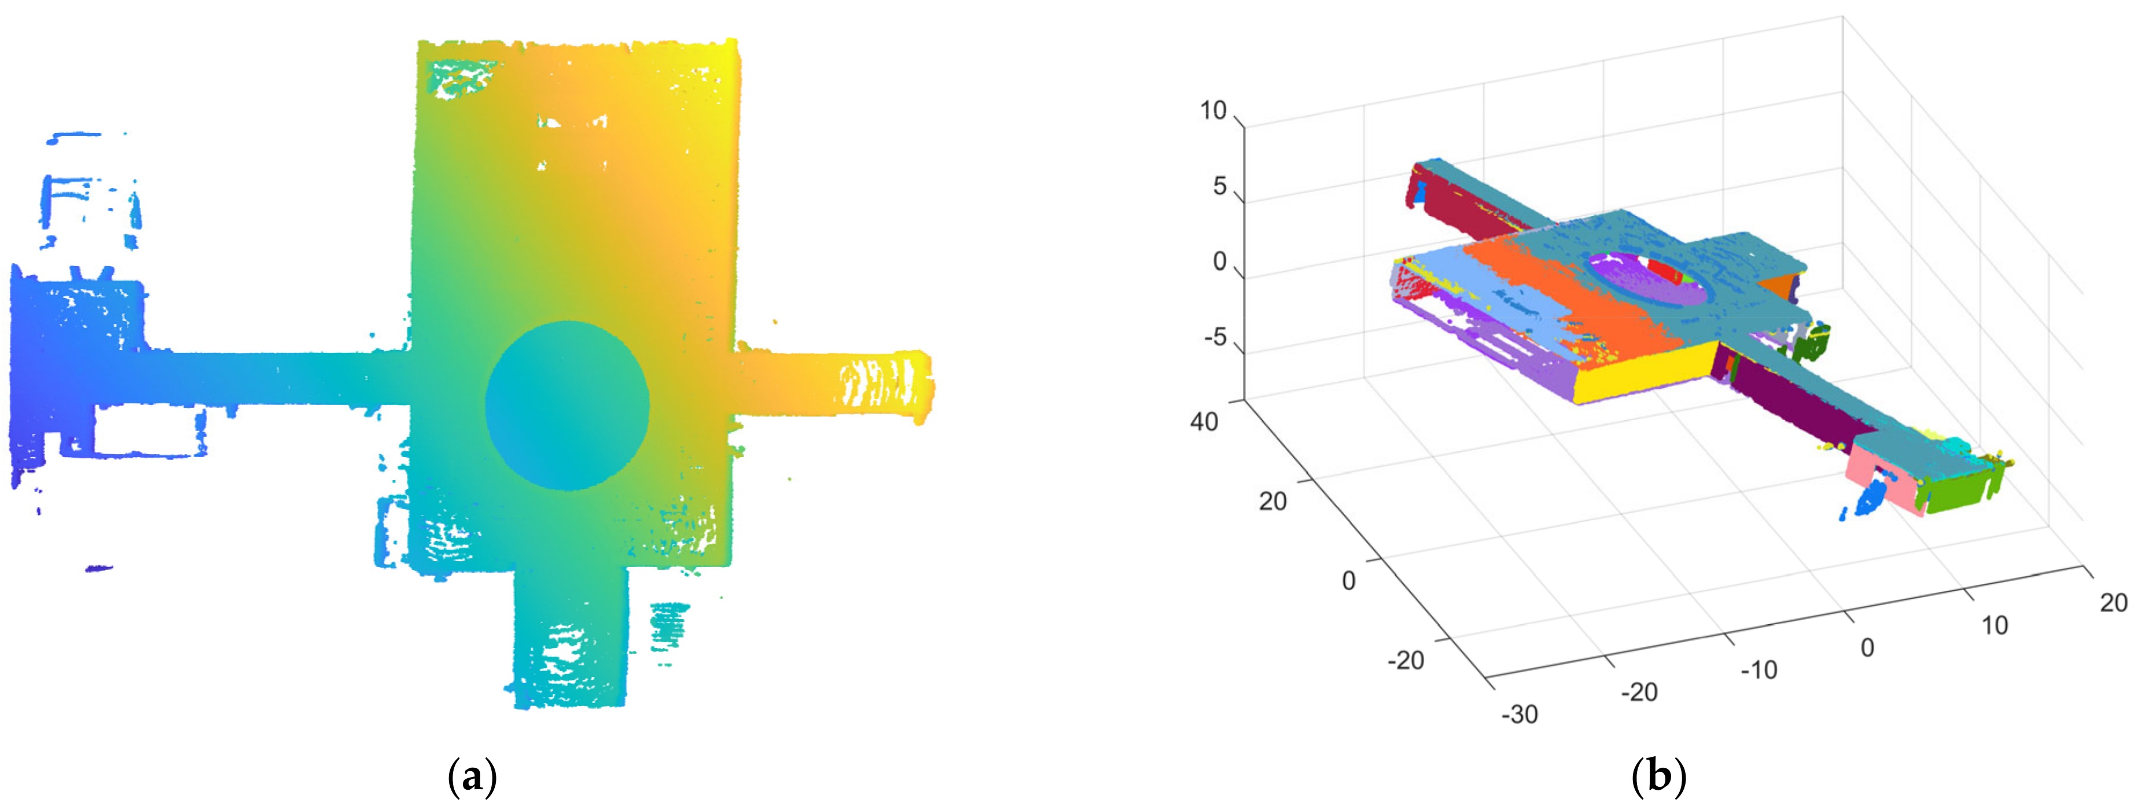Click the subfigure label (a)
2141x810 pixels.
click(472, 778)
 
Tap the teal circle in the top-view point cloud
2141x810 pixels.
click(567, 406)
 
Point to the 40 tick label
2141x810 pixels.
click(1204, 422)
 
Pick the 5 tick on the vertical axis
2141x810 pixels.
click(1219, 186)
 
